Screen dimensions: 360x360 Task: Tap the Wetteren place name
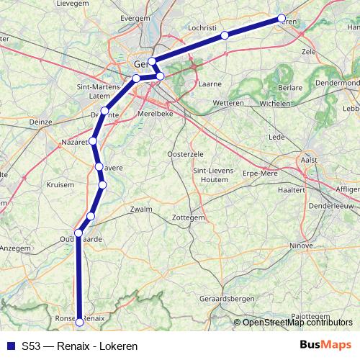coord(228,104)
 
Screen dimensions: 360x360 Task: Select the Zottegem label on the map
coord(190,217)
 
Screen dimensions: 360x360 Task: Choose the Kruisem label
coord(60,184)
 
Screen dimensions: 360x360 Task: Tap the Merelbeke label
coord(155,113)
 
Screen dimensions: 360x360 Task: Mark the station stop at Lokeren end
coord(281,19)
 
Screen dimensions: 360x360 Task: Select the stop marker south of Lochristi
coord(225,35)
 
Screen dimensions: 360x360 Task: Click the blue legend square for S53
coord(9,346)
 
